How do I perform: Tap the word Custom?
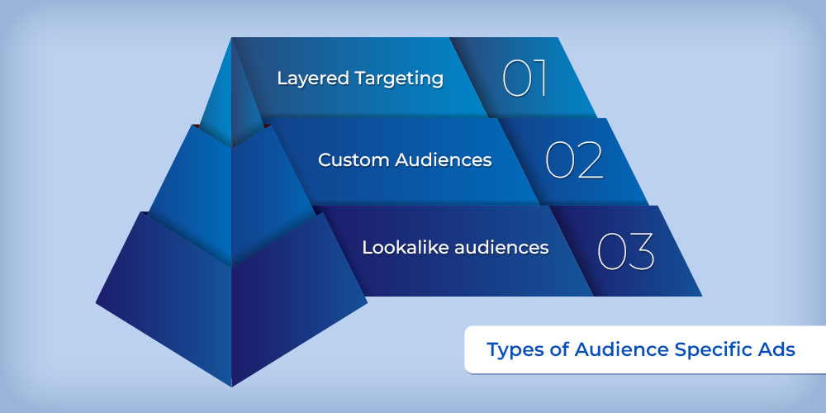353,159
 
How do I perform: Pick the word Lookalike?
396,247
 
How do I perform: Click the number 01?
524,78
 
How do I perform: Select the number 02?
574,159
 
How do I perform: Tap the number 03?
626,250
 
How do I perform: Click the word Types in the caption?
515,350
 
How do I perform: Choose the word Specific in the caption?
714,350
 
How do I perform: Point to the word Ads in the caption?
777,349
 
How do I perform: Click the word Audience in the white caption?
622,349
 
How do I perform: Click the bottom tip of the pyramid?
231,387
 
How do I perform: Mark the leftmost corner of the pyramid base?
96,303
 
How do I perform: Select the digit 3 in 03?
641,251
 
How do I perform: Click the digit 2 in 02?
590,159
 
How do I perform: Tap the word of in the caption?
559,349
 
